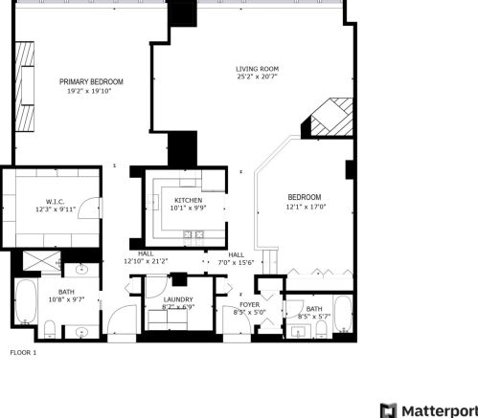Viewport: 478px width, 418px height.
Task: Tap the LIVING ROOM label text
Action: click(x=258, y=69)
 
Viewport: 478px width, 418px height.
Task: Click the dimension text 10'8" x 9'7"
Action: click(x=65, y=299)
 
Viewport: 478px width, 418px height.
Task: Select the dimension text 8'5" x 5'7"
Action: click(x=313, y=317)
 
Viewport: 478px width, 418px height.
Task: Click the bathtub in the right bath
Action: click(x=344, y=315)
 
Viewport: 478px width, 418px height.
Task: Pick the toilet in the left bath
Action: click(x=50, y=330)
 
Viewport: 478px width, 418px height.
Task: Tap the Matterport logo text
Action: click(x=436, y=409)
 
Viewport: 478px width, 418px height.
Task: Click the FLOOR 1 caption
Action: click(x=23, y=353)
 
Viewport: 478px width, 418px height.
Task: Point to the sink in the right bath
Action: click(x=299, y=332)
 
